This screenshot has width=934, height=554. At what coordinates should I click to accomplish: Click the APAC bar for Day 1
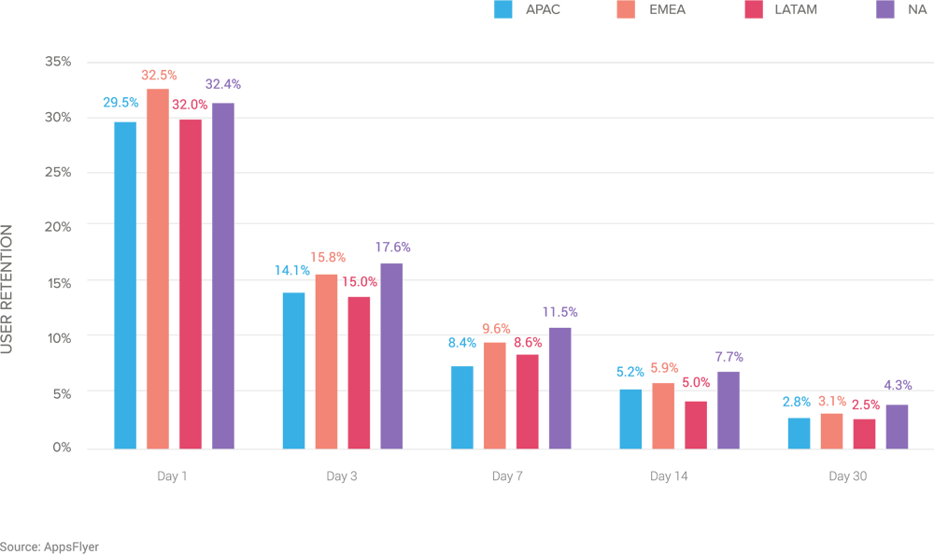point(125,285)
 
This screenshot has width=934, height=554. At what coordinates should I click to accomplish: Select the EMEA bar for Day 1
point(158,268)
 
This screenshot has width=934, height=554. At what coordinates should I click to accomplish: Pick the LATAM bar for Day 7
point(527,401)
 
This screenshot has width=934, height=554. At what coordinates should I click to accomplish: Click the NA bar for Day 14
point(728,409)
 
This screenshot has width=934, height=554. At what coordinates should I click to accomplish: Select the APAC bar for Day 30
point(799,433)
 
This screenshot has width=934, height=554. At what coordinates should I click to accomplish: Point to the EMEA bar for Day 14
point(662,415)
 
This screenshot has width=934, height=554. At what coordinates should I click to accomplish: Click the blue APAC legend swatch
point(503,10)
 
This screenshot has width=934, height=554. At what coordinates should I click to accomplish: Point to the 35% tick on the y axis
point(58,62)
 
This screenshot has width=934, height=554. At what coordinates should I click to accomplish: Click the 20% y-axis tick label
point(58,226)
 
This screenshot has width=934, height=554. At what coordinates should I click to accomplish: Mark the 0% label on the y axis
point(62,447)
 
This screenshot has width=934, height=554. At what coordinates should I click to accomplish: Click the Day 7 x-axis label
point(507,476)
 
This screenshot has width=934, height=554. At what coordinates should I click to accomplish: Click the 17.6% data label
point(391,248)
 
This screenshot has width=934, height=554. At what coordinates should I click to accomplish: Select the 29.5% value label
point(121,102)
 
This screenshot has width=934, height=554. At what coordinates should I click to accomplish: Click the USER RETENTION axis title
point(7,289)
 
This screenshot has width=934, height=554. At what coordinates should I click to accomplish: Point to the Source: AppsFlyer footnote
point(50,547)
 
